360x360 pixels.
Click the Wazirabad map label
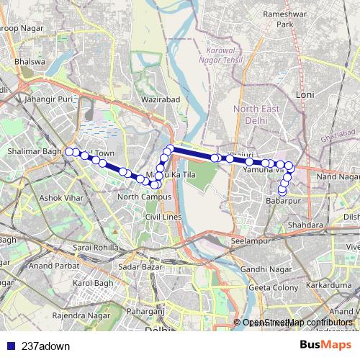[x=161, y=97]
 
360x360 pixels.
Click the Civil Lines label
[x=161, y=216]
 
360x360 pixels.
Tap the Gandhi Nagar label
[x=259, y=269]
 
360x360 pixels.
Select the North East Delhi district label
[x=255, y=114]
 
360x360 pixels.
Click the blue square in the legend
[x=10, y=346]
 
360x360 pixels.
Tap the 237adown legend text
[x=45, y=346]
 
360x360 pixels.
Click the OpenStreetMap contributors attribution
[x=297, y=323]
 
